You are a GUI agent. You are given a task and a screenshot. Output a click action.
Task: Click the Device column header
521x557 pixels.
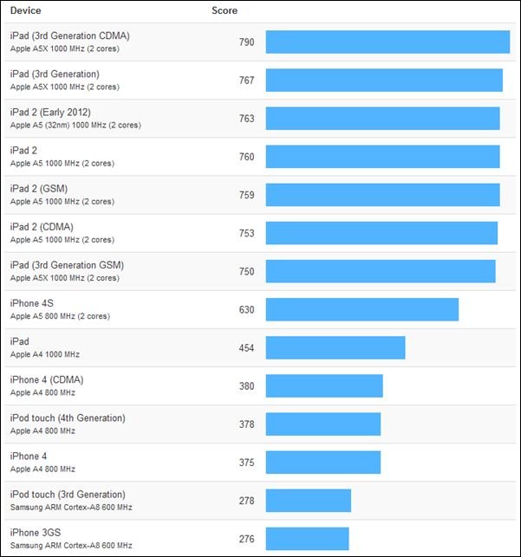25,11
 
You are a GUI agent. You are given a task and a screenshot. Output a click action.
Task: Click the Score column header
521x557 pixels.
225,11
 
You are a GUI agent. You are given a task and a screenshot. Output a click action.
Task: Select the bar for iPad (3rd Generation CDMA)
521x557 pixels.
387,42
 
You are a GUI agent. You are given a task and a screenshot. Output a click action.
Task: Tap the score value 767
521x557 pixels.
246,81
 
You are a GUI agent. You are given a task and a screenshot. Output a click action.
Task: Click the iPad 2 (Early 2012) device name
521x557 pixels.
50,113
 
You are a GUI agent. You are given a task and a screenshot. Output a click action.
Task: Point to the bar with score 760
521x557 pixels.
382,157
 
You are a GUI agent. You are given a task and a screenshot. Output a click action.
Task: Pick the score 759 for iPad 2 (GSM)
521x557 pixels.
246,195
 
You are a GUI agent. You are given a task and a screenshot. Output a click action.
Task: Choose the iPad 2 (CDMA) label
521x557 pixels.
42,227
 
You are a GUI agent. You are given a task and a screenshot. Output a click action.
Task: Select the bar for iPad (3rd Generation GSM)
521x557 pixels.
381,271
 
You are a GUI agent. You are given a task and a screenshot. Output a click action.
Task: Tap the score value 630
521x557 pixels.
246,309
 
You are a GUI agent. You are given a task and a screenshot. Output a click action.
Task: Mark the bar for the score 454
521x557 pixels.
335,347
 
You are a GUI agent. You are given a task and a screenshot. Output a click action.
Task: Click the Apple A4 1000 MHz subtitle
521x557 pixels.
44,354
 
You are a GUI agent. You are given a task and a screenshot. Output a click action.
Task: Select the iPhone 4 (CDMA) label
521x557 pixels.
47,379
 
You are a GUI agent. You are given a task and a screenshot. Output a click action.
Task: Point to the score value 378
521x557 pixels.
246,424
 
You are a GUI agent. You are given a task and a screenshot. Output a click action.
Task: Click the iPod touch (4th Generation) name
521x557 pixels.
68,418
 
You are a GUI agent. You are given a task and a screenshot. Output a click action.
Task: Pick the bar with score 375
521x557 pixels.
323,462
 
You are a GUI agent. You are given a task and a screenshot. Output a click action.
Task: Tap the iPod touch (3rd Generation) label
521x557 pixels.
68,494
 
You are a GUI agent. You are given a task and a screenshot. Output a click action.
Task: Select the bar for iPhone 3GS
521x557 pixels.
307,539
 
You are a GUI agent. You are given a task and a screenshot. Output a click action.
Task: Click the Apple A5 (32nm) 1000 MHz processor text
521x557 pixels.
75,125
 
